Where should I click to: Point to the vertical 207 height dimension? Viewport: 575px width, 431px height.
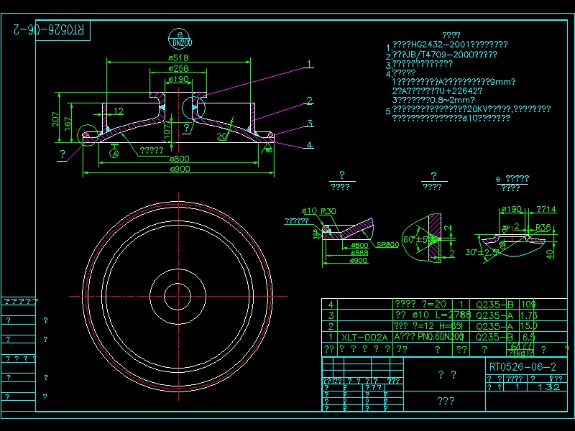56,119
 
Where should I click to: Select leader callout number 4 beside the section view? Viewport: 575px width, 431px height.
309,145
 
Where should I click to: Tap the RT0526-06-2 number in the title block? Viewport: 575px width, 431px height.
522,367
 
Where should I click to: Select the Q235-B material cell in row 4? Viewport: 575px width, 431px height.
493,304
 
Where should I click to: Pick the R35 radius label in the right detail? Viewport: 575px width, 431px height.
543,227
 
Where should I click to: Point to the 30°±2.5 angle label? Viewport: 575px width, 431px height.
483,252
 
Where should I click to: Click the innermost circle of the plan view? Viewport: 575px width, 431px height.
178,296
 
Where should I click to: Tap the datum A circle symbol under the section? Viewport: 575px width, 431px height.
115,152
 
